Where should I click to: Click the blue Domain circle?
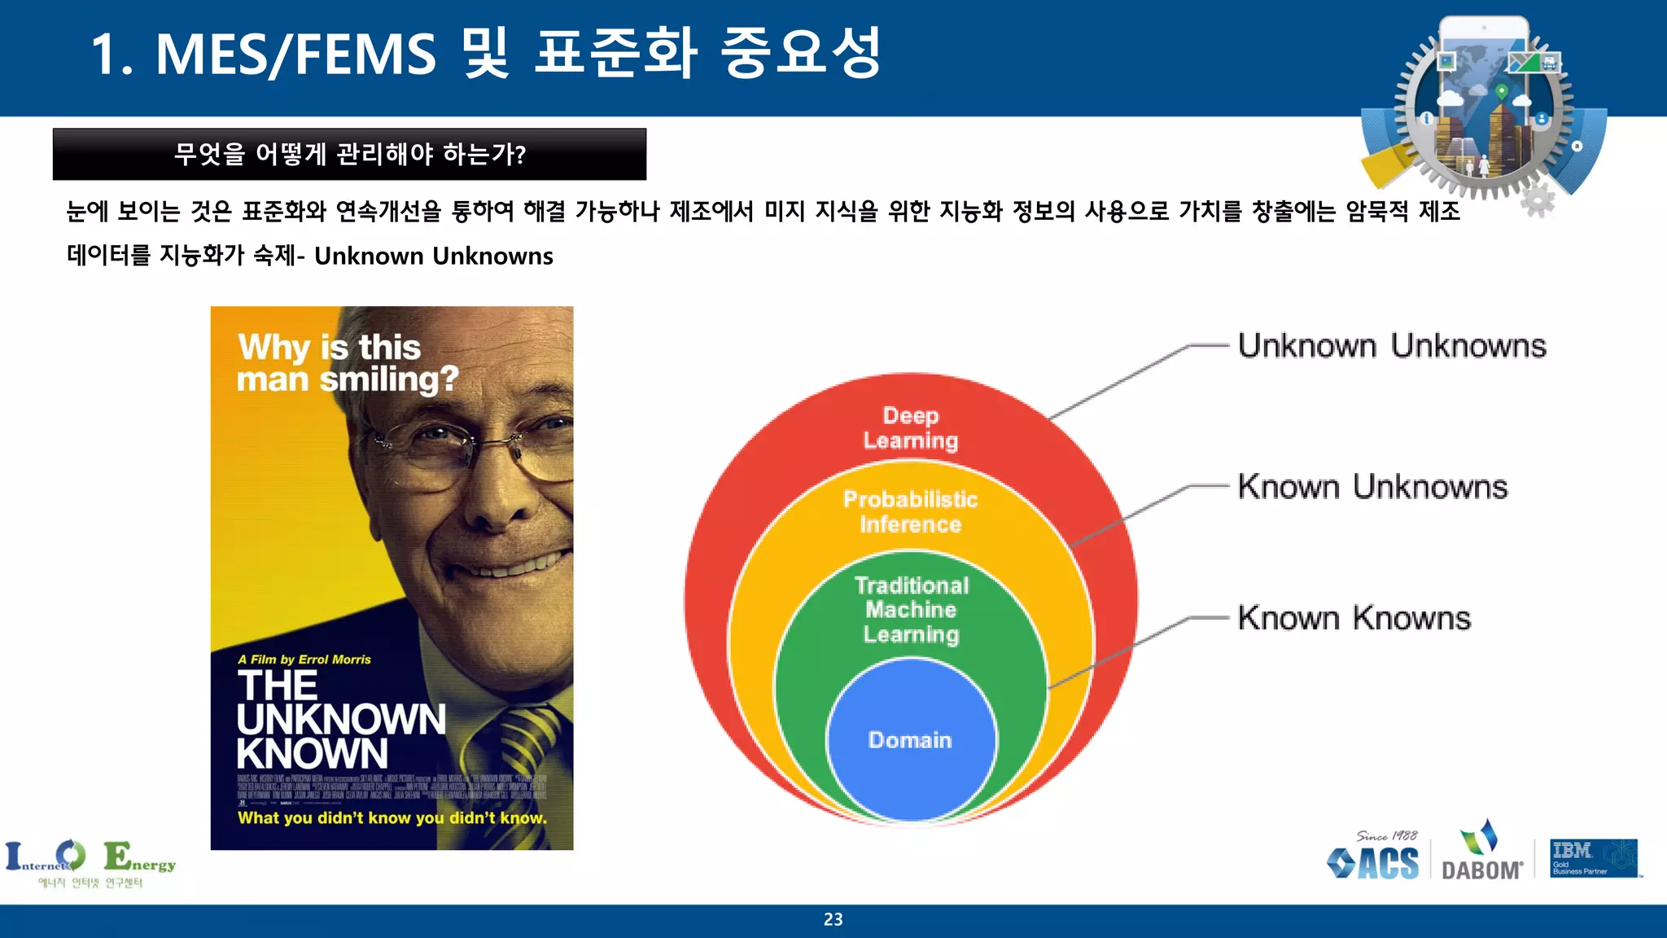[x=910, y=739]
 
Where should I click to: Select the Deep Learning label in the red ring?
[x=910, y=428]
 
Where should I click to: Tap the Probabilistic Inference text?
[x=910, y=511]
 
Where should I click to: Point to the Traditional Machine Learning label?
[x=911, y=609]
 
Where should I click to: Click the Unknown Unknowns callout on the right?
[x=1391, y=346]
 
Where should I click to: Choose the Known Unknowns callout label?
[x=1372, y=487]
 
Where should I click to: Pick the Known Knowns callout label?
[x=1354, y=618]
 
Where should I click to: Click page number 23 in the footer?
[x=833, y=919]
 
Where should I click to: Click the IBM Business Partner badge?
[x=1593, y=858]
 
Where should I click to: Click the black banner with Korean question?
[x=349, y=154]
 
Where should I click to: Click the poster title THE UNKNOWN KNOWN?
[x=340, y=720]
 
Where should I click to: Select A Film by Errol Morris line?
[x=304, y=660]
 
